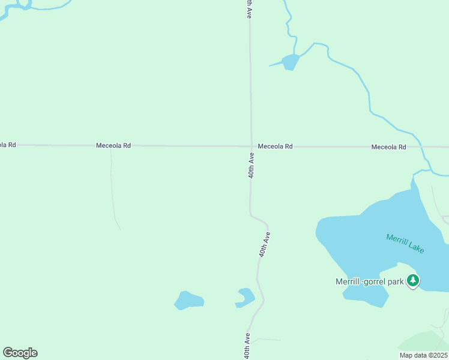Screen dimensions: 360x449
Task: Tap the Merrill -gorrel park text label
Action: pos(369,281)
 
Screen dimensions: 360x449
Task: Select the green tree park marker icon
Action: pos(413,280)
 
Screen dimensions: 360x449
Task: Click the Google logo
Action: pos(20,353)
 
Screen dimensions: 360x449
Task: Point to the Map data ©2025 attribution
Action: pos(423,355)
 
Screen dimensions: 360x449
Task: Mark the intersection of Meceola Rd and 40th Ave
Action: pos(251,146)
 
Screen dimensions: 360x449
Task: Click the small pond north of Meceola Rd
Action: pos(291,61)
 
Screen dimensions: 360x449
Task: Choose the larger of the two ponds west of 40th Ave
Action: pos(188,300)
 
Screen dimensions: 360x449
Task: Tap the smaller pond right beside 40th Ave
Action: pos(246,296)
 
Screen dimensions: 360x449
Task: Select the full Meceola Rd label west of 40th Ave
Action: pos(113,146)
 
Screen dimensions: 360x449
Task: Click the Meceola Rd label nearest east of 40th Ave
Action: pos(276,146)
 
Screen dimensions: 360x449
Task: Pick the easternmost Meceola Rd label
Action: pos(388,147)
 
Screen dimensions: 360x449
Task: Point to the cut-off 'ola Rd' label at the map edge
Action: pos(8,145)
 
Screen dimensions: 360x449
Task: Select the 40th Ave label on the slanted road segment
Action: pos(265,245)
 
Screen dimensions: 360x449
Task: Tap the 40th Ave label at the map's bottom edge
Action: pos(247,346)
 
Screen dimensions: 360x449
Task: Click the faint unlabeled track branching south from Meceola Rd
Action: pos(113,192)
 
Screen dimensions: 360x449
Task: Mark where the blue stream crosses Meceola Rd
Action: pos(421,147)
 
